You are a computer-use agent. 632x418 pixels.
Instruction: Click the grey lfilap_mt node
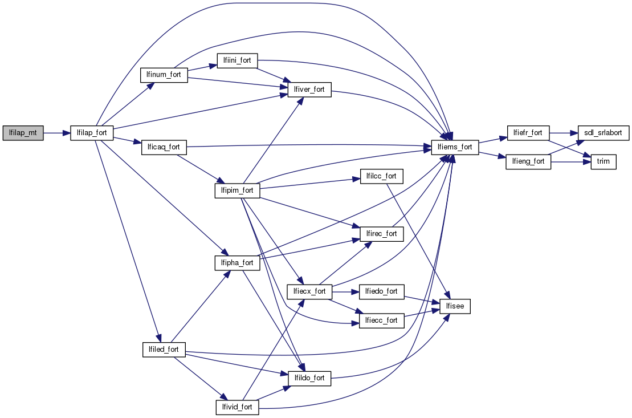tap(23, 133)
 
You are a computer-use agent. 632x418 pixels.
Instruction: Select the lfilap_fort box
tap(92, 133)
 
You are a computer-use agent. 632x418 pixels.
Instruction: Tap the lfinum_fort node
tap(164, 75)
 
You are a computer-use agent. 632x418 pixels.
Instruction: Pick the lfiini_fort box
tap(237, 60)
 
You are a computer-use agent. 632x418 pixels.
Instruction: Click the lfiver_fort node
tap(309, 90)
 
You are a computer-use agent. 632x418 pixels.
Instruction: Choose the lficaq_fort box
tap(164, 147)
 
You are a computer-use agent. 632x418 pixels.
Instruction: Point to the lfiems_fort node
tap(455, 147)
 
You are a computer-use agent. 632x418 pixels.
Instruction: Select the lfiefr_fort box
tap(527, 133)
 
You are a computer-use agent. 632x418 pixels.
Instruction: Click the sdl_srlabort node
tap(604, 133)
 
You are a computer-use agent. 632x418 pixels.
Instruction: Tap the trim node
tap(603, 161)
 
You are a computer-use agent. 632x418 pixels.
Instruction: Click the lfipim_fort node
tap(237, 190)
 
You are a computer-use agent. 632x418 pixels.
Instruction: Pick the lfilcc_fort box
tap(382, 176)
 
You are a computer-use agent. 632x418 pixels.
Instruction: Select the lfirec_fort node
tap(382, 234)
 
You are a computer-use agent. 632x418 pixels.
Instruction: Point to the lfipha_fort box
tap(237, 263)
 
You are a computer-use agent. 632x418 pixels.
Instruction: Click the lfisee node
tap(455, 306)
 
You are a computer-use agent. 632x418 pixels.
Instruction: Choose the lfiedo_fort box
tap(382, 291)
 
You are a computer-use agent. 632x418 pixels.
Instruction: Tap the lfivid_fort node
tap(237, 407)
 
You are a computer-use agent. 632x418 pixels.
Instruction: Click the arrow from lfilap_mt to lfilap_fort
tap(56, 133)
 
